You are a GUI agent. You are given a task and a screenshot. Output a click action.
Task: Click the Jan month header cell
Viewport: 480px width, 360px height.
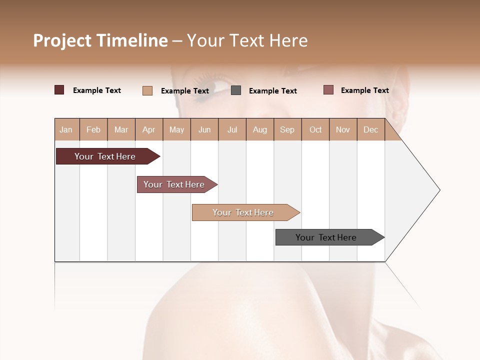pos(66,129)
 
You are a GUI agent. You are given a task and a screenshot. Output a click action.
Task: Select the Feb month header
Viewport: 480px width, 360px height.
pos(93,129)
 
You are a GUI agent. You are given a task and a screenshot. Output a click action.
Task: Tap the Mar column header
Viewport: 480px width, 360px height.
pos(121,129)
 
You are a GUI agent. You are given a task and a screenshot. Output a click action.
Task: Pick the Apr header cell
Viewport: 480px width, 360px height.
pos(149,129)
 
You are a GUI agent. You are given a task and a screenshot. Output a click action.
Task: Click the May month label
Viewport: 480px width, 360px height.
pos(176,129)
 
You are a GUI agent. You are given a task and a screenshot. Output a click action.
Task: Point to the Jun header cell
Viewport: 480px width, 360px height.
pos(204,129)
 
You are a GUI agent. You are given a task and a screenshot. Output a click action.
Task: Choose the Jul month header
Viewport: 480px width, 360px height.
pos(232,129)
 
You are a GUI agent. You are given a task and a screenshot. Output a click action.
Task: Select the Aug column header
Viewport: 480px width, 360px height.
pos(260,129)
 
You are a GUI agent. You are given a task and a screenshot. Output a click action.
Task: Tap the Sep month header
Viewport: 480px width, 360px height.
pos(287,129)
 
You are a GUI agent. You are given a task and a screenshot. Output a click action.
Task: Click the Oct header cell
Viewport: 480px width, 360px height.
pos(315,129)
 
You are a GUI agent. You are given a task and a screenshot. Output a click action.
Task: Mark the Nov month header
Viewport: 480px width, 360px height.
pos(343,129)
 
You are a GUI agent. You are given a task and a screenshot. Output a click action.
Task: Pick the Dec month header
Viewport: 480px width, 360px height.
pos(371,129)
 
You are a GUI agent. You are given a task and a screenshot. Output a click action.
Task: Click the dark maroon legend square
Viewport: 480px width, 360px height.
pos(59,90)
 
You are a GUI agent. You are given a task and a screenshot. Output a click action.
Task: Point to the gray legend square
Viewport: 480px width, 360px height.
pos(236,90)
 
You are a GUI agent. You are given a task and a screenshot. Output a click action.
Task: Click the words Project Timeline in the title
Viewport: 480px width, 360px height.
pos(100,40)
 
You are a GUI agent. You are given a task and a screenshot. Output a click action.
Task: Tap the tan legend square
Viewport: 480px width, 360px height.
pos(147,90)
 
